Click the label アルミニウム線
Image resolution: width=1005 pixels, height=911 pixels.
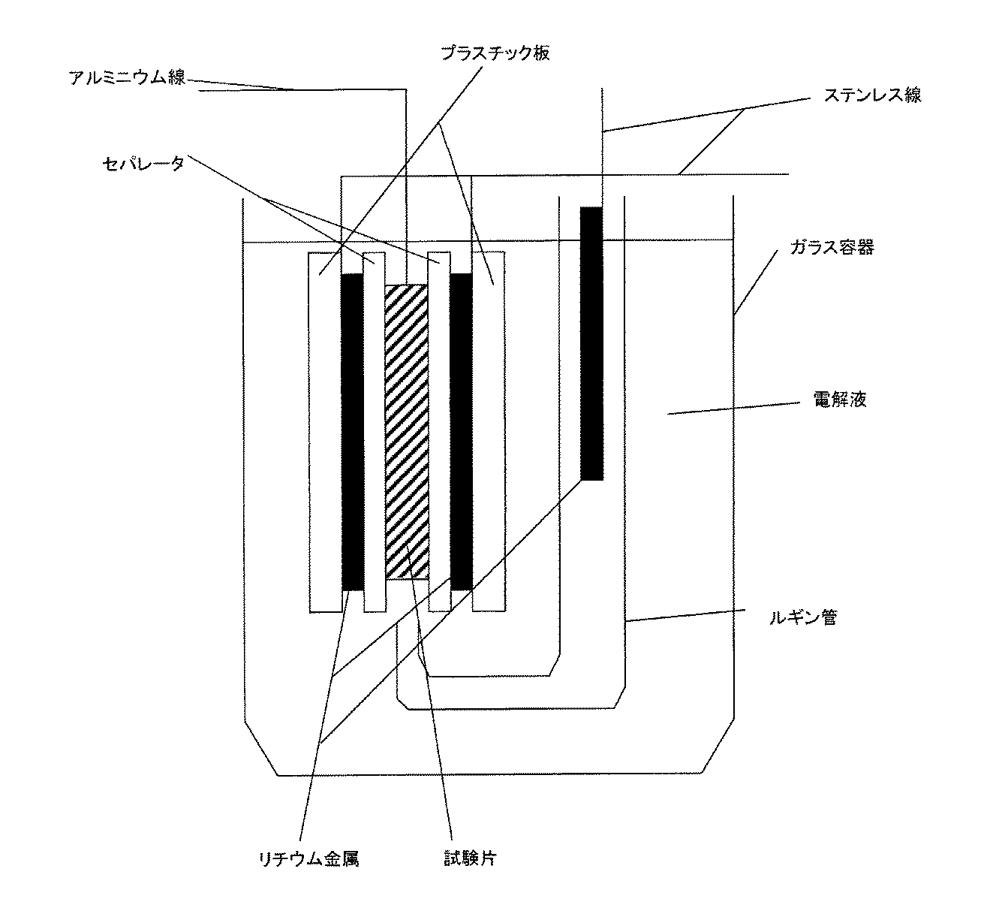tap(127, 78)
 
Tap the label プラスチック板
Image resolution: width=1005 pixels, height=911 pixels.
tap(495, 53)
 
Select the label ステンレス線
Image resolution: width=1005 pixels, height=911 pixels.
tap(872, 95)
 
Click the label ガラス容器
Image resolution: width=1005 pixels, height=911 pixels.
tap(831, 248)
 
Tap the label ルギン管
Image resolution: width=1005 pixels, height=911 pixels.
tap(802, 619)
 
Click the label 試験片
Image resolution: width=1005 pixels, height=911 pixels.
tap(470, 858)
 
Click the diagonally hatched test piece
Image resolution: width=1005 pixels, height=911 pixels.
tap(406, 432)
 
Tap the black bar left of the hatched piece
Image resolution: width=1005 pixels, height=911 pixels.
tap(351, 432)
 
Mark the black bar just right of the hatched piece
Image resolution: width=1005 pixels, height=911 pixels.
tap(461, 432)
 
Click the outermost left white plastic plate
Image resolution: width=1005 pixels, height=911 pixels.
tap(324, 432)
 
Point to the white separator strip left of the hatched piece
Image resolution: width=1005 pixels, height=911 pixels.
tap(374, 432)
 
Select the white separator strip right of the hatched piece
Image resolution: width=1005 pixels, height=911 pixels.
tap(438, 432)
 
